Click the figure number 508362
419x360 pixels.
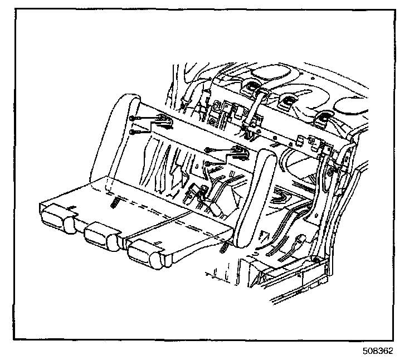pos(378,352)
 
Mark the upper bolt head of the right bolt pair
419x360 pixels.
pos(207,149)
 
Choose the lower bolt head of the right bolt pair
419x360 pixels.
pos(207,163)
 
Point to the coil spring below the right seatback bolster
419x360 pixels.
pos(224,246)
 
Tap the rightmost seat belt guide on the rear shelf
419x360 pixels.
pos(321,119)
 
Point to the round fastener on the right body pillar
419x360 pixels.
pos(330,171)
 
